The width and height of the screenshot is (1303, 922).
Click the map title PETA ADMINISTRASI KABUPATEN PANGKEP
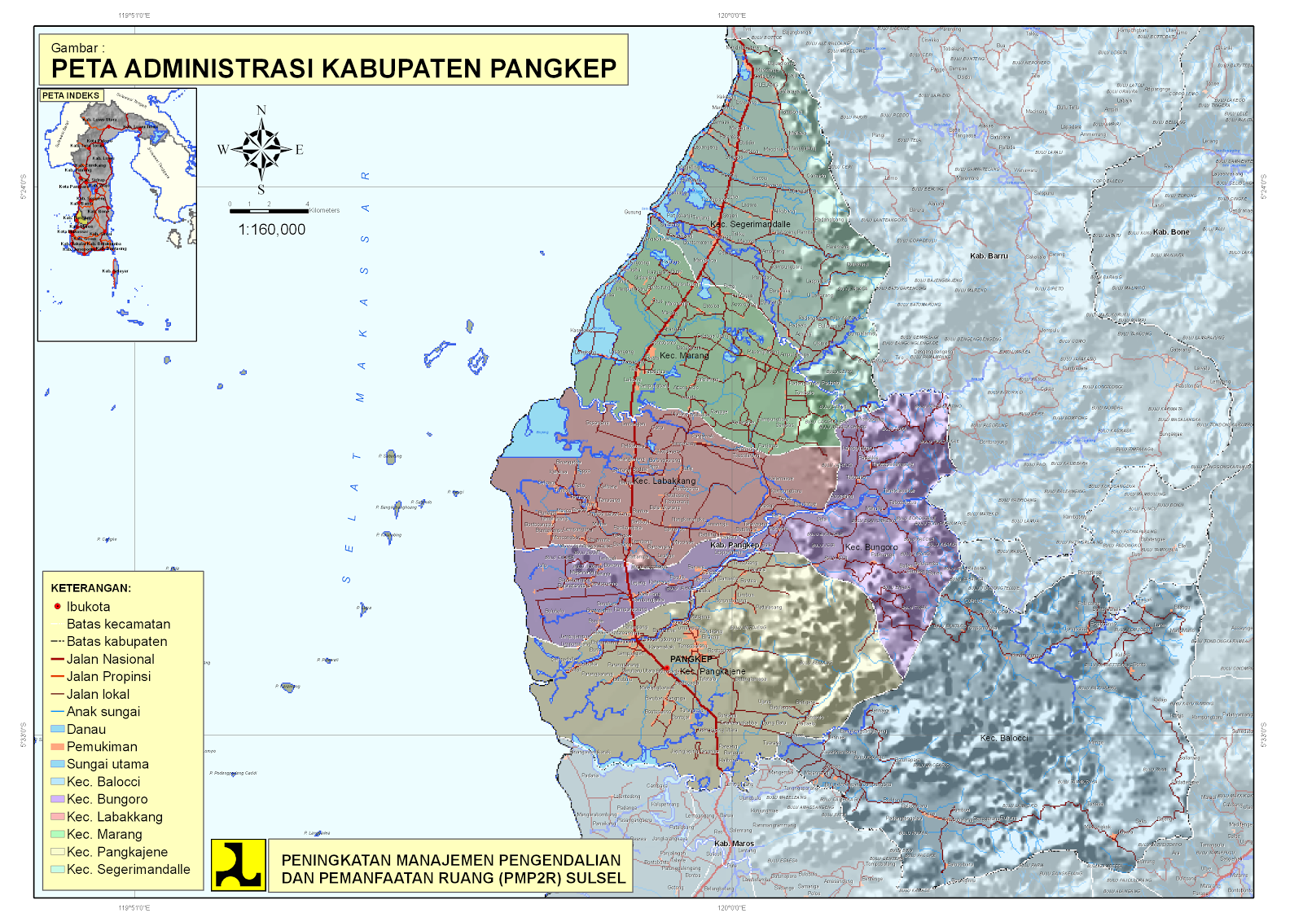click(x=333, y=68)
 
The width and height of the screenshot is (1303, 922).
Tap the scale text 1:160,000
click(x=271, y=230)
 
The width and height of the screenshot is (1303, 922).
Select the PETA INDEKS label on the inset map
click(x=71, y=95)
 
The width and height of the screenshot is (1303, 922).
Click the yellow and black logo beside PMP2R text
click(x=238, y=864)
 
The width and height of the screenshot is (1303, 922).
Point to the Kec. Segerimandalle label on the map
click(x=750, y=224)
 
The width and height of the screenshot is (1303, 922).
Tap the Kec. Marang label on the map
click(x=684, y=355)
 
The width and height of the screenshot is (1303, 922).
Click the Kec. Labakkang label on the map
click(x=665, y=481)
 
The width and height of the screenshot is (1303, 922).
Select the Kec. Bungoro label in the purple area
click(x=871, y=547)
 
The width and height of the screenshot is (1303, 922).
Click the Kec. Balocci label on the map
click(x=1003, y=738)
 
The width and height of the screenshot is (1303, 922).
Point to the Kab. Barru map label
click(x=989, y=256)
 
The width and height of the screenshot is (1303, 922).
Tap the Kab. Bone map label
click(x=1171, y=232)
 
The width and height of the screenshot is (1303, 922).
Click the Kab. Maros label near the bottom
click(x=734, y=844)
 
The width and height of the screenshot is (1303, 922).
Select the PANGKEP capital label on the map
click(x=691, y=659)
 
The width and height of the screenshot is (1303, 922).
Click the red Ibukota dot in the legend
click(x=57, y=606)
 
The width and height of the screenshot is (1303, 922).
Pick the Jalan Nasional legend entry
click(x=110, y=659)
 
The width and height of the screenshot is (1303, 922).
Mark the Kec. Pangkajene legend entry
click(x=116, y=852)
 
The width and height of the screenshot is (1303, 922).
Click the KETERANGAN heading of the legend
click(x=90, y=588)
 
